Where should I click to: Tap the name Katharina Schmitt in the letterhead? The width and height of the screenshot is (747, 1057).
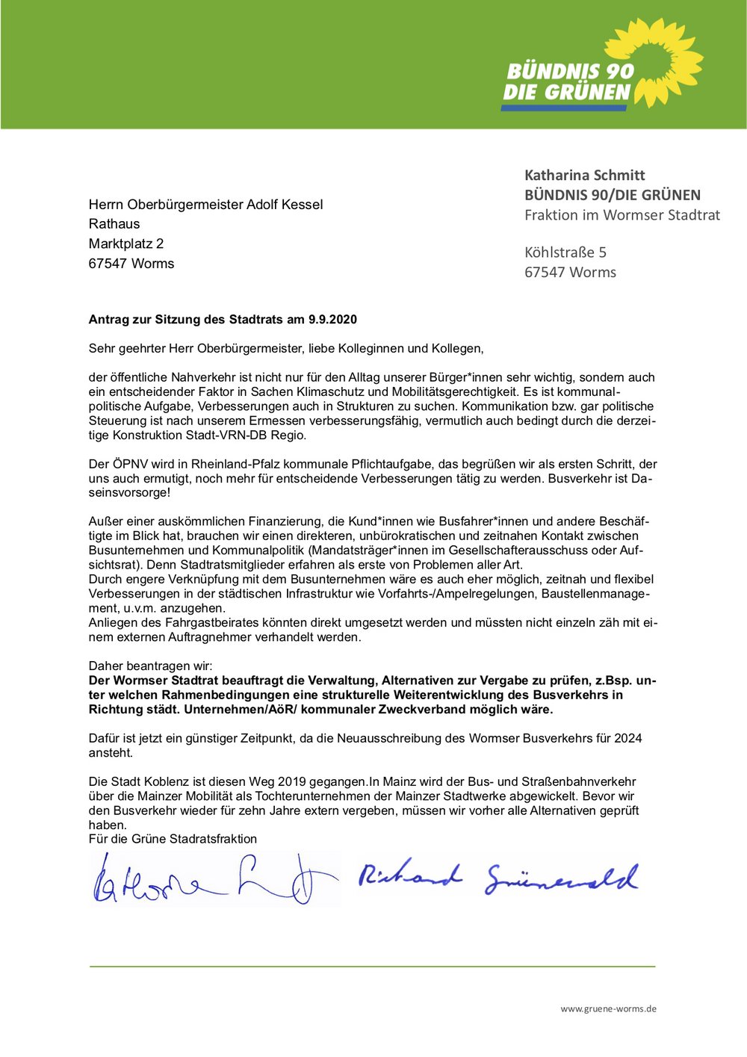tap(584, 176)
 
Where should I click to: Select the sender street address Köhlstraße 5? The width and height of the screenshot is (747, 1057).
tap(565, 252)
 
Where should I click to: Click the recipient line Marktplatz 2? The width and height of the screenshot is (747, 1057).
tap(126, 244)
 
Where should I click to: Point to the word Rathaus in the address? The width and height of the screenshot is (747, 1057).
tap(114, 224)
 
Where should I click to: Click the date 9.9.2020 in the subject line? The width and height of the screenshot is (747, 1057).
tap(332, 320)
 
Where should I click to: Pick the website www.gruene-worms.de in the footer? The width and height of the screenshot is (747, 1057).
tap(608, 1008)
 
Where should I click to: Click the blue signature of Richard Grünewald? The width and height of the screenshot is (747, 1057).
tap(498, 878)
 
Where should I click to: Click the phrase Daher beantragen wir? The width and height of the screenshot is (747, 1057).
tap(150, 666)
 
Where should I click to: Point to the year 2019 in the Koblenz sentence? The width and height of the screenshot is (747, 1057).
tap(292, 781)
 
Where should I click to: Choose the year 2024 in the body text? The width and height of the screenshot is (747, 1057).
tap(627, 738)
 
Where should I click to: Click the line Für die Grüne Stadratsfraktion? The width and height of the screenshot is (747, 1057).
tap(173, 839)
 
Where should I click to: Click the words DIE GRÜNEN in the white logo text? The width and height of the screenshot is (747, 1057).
tap(567, 93)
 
